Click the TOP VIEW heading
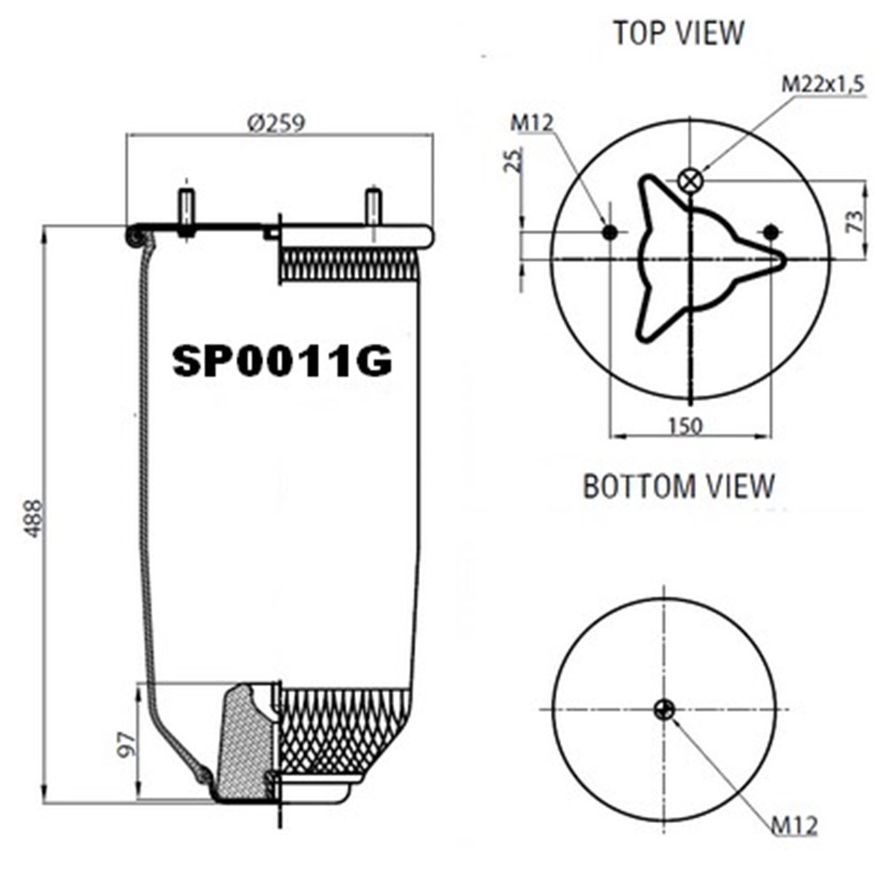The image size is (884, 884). coord(678,33)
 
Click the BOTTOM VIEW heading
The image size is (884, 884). coord(678,486)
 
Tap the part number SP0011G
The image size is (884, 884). coord(282,361)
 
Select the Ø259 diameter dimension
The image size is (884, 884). coord(276,123)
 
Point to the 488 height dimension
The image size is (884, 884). coord(34,518)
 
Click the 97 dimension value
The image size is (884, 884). coord(128,744)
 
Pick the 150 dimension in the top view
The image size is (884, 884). coord(686,426)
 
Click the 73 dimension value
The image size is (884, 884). coord(855,221)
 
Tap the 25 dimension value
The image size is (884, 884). coord(514,160)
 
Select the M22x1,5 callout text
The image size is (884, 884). coord(822,85)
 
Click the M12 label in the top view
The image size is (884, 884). coord(531,122)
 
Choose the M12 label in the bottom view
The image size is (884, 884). coord(794,826)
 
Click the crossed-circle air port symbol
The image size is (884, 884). coord(690,180)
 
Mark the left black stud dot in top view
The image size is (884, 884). coord(610,232)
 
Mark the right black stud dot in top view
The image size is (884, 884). coord(771,232)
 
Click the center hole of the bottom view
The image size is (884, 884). coord(665,709)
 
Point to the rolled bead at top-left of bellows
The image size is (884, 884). coord(136,237)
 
